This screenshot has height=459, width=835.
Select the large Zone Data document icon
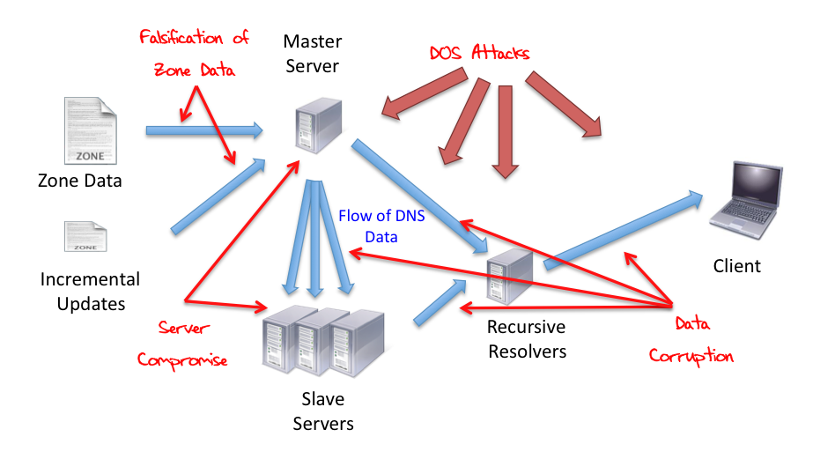pyautogui.click(x=89, y=130)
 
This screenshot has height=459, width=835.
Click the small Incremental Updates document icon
pyautogui.click(x=85, y=236)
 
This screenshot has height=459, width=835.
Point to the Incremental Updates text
pyautogui.click(x=90, y=292)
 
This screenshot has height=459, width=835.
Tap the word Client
pyautogui.click(x=736, y=265)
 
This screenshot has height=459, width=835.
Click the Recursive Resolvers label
pyautogui.click(x=526, y=339)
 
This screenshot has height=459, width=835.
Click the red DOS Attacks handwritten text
pyautogui.click(x=479, y=53)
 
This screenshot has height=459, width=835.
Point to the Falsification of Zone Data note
pyautogui.click(x=194, y=54)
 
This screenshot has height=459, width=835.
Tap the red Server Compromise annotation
pyautogui.click(x=183, y=344)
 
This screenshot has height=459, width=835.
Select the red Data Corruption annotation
pyautogui.click(x=691, y=340)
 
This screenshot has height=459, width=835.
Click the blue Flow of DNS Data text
pyautogui.click(x=381, y=226)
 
